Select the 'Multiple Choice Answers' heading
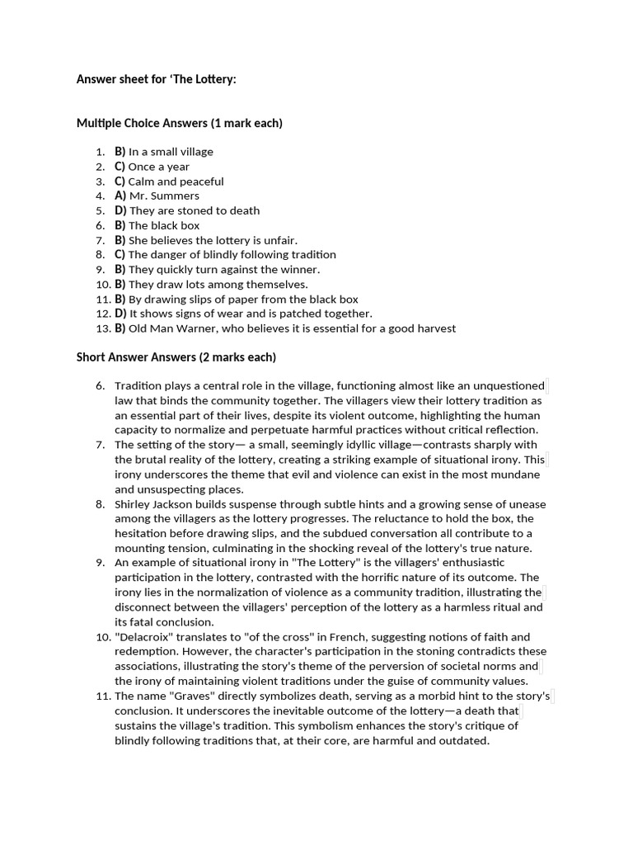(179, 123)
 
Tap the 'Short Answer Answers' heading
(176, 357)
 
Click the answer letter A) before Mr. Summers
(120, 196)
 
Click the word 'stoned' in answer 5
(195, 210)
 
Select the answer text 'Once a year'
(158, 167)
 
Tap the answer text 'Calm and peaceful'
(176, 182)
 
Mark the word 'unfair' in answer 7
(280, 240)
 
